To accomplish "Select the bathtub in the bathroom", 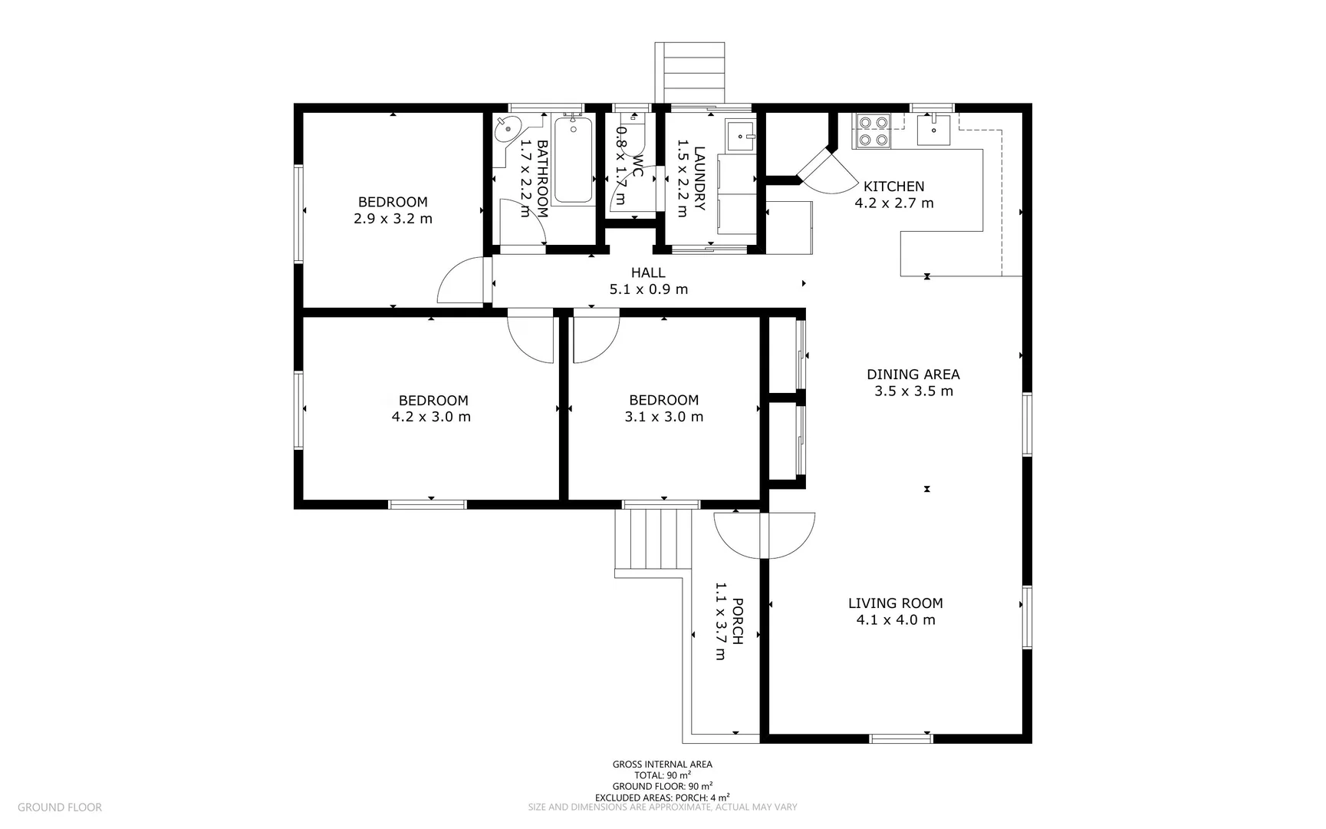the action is pyautogui.click(x=574, y=159).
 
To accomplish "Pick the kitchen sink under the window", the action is pyautogui.click(x=933, y=130).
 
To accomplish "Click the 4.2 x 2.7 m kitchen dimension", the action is pyautogui.click(x=894, y=203).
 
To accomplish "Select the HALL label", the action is pyautogui.click(x=648, y=272).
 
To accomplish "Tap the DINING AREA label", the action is pyautogui.click(x=913, y=375).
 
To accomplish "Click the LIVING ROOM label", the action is pyautogui.click(x=896, y=603).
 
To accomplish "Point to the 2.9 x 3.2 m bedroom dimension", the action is pyautogui.click(x=393, y=219).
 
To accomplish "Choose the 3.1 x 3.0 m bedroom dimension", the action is pyautogui.click(x=663, y=417).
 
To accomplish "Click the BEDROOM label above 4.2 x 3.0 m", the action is pyautogui.click(x=433, y=400).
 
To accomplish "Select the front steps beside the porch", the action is pyautogui.click(x=653, y=540).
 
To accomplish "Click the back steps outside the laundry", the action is pyautogui.click(x=689, y=73).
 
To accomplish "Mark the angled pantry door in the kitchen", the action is pyautogui.click(x=814, y=163).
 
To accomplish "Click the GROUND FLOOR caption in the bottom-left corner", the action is pyautogui.click(x=59, y=807).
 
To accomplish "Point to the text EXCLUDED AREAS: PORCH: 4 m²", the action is pyautogui.click(x=662, y=797).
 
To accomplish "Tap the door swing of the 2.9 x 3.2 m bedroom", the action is pyautogui.click(x=460, y=280).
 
